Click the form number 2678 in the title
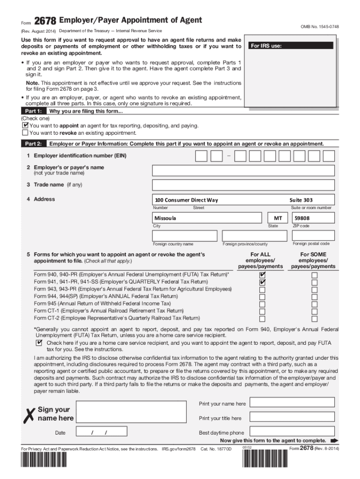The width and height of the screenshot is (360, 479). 45,21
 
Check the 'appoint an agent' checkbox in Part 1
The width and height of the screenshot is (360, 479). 25,126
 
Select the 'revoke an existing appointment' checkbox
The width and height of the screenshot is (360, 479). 25,133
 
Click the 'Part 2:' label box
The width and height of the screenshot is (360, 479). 34,144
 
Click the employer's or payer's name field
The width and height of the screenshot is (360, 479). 244,170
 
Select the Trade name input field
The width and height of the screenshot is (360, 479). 244,185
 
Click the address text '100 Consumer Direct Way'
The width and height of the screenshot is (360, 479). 186,200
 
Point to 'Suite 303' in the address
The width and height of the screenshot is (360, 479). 302,200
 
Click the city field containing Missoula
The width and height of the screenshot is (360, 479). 207,218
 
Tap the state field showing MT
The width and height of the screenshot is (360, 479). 278,218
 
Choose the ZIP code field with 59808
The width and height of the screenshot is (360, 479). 313,218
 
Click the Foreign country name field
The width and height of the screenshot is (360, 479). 186,235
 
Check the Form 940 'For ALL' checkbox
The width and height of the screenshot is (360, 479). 262,275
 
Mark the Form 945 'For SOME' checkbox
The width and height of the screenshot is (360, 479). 314,304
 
